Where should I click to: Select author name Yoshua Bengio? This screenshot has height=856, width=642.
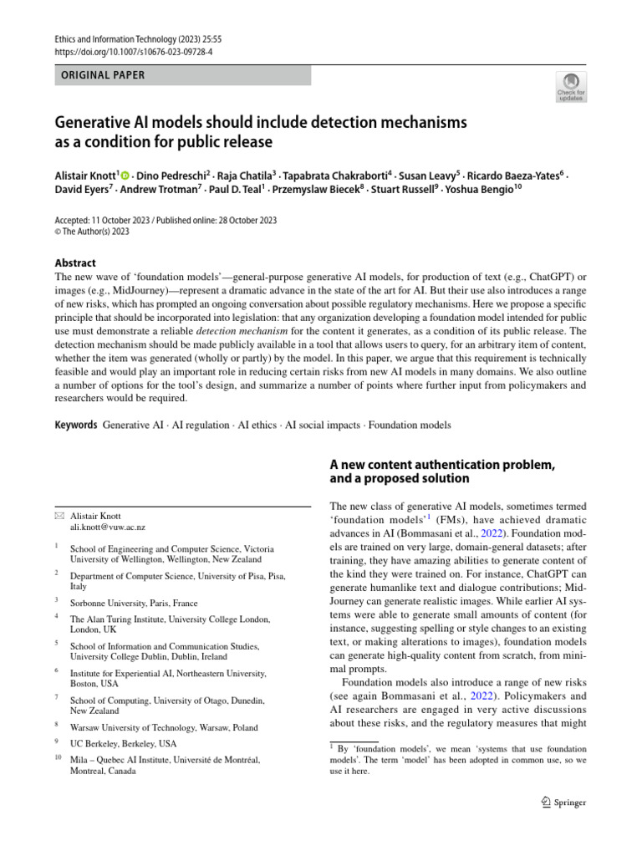[x=471, y=190]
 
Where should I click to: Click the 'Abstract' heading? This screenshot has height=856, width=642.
[x=74, y=262]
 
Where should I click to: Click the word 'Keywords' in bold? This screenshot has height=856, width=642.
[x=76, y=425]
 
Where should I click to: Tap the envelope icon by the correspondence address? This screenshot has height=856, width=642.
[x=59, y=516]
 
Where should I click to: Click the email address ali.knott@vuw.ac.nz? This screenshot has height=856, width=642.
[x=107, y=528]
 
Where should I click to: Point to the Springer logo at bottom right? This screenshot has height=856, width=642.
[x=563, y=802]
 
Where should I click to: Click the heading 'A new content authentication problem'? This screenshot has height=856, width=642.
[x=442, y=465]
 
